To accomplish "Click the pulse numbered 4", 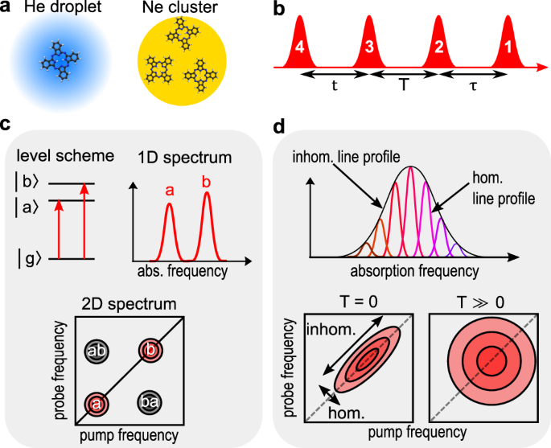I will point(299,47).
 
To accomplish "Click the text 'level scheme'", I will point(54,154).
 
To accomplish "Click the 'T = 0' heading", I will point(356,302).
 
